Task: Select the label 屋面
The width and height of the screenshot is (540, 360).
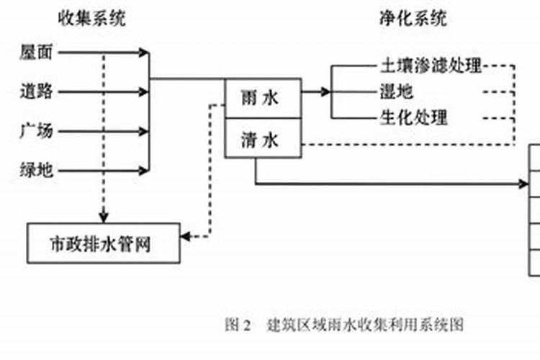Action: tap(35, 53)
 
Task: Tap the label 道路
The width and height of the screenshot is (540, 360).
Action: tap(35, 92)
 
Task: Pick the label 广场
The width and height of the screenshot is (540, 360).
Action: tap(35, 132)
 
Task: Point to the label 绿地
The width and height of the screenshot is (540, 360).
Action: tap(35, 171)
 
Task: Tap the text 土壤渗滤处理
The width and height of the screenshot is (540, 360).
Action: tap(430, 66)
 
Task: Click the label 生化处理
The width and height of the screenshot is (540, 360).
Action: tap(413, 117)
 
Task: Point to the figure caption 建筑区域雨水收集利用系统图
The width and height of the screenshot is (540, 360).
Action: tap(365, 324)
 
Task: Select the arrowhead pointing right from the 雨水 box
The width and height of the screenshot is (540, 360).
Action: tap(325, 92)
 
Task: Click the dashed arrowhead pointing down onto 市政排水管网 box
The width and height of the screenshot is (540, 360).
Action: tap(104, 216)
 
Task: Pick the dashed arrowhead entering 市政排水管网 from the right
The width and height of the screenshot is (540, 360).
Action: tap(186, 235)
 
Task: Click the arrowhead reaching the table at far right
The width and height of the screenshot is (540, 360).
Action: tap(525, 184)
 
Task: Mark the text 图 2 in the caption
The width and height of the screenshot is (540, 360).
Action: tap(237, 324)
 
